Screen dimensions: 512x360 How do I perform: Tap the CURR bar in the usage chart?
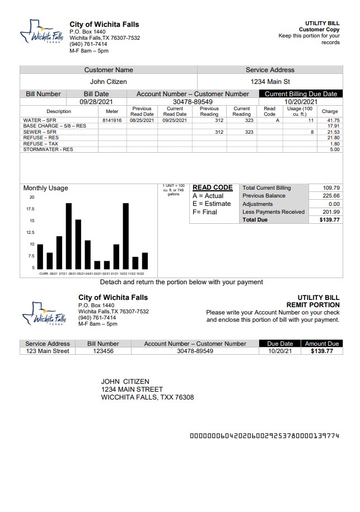tap(40, 256)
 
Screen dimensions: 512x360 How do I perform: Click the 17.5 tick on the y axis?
tap(30, 209)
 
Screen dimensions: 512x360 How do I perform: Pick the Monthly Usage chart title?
tap(45, 188)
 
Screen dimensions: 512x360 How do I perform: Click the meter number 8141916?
tap(112, 120)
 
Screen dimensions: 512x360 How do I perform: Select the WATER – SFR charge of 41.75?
tap(333, 120)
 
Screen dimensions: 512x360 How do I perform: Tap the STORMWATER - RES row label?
tap(48, 149)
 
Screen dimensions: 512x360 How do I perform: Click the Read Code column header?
tap(269, 111)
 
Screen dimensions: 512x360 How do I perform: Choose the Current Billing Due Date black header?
tap(301, 94)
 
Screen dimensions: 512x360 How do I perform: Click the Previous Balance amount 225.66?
tap(331, 196)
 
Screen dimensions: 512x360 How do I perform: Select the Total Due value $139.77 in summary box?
tap(330, 220)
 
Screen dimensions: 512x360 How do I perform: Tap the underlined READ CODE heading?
tap(212, 188)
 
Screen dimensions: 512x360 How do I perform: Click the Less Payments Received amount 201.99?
tap(331, 212)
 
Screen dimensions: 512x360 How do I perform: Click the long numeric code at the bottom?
tap(264, 435)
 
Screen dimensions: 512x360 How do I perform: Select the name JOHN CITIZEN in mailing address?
tap(125, 382)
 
